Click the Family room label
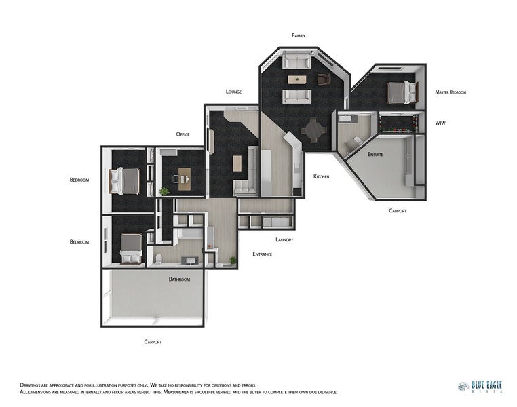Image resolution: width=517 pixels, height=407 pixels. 299,35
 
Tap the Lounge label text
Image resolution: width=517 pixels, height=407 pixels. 233,92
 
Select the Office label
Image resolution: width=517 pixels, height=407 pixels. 183,134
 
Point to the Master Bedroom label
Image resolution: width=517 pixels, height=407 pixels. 451,92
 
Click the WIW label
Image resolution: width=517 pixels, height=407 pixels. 440,123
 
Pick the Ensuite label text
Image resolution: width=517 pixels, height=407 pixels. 375,155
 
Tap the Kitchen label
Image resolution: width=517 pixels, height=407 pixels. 321,176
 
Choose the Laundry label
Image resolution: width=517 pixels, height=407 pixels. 284,239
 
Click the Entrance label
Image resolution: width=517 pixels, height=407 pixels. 262,254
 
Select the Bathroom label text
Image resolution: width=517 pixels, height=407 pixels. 179,279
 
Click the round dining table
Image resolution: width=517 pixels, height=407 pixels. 313,129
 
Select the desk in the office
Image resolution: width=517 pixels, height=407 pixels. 182,178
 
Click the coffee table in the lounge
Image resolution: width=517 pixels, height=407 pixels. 237,163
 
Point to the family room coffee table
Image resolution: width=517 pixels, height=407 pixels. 296,79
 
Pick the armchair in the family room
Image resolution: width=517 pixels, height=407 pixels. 323,80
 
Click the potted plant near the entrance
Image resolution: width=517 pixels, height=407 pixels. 233,260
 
